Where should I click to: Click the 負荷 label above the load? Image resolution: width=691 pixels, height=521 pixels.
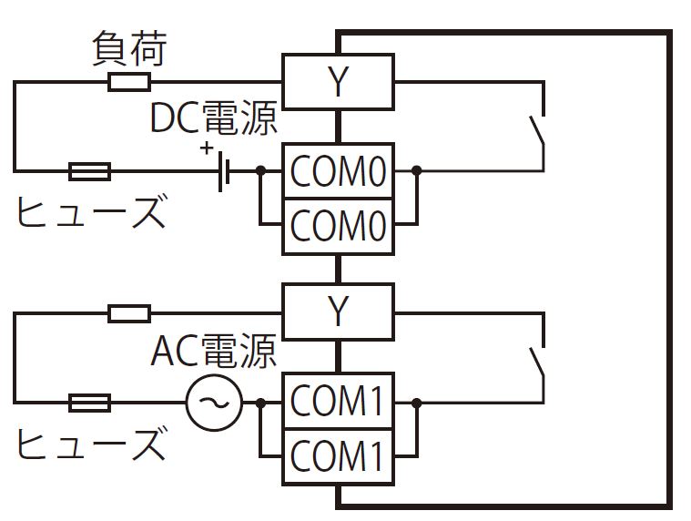[130, 51]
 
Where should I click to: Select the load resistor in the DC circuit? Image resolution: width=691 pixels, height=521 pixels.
[129, 83]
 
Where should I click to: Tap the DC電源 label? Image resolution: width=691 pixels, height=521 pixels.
[214, 119]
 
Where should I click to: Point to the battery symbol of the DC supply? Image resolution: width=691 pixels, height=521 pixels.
[222, 170]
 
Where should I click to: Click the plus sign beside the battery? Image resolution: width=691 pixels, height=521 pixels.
[208, 148]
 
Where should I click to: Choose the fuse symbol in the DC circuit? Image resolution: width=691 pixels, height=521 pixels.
[90, 170]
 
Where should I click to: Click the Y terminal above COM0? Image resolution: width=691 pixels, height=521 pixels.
[338, 83]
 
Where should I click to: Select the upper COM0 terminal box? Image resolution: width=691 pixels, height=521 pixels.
[338, 170]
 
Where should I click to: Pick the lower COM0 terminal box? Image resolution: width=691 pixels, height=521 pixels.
[338, 223]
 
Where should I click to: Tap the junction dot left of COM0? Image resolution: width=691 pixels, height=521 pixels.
[260, 170]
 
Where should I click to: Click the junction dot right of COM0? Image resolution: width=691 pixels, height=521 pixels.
[416, 170]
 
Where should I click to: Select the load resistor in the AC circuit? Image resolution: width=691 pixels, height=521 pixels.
[129, 314]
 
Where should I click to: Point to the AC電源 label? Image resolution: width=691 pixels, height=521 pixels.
[214, 351]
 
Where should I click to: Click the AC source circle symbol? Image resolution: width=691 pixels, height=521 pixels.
[215, 402]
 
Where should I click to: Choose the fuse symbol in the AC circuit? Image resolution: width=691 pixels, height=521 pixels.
[90, 402]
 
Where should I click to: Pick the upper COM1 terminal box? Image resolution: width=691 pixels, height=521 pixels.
[338, 402]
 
